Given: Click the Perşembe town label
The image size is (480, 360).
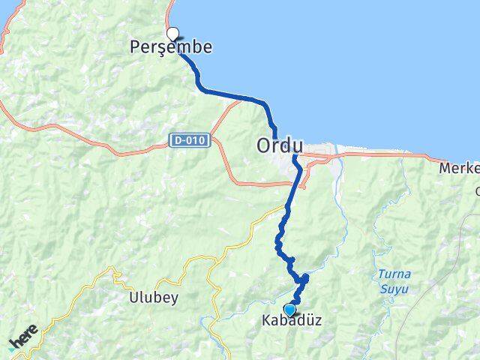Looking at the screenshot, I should pyautogui.click(x=172, y=47).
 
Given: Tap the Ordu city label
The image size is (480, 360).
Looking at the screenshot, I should pyautogui.click(x=280, y=145).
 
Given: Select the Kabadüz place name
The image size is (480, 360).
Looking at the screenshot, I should pyautogui.click(x=292, y=320).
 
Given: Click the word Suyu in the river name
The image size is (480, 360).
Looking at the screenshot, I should pyautogui.click(x=388, y=288).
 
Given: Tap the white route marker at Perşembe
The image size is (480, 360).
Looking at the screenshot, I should pyautogui.click(x=173, y=33).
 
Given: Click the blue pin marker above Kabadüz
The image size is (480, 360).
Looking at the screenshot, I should pyautogui.click(x=289, y=309).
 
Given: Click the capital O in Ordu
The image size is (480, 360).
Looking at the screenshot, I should pyautogui.click(x=265, y=145).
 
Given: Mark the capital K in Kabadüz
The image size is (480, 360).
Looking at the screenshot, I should pyautogui.click(x=266, y=320).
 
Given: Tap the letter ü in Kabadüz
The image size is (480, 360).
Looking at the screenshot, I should pyautogui.click(x=307, y=320).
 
